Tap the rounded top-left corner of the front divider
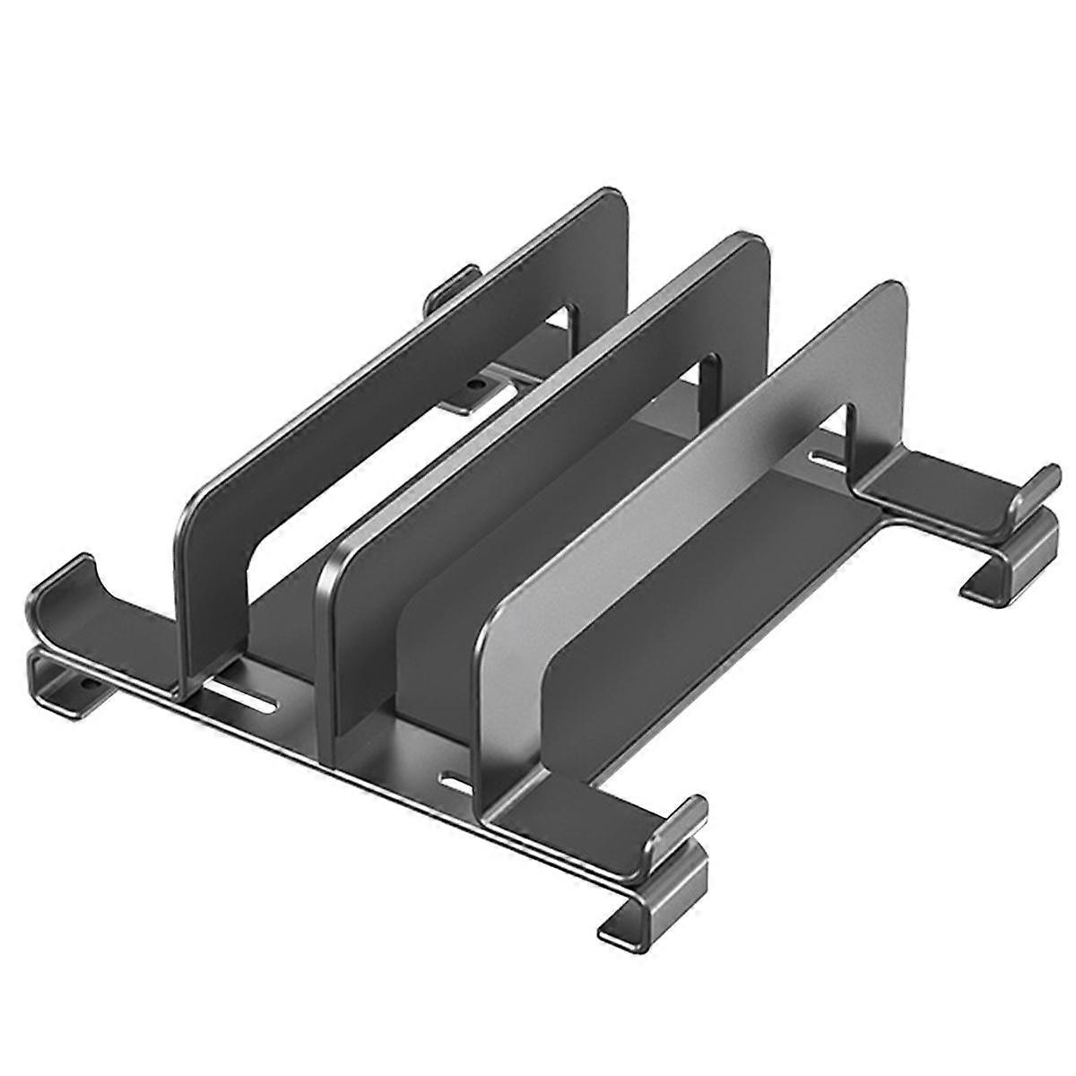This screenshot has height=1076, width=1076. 502,619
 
